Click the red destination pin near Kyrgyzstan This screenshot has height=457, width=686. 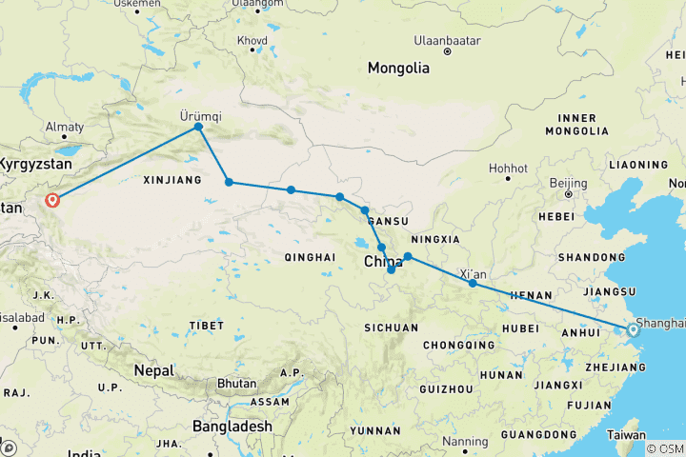pos(52,200)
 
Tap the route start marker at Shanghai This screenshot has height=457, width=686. pos(633,330)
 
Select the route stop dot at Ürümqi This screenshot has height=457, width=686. pos(198,127)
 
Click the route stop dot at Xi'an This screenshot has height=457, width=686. pos(473,283)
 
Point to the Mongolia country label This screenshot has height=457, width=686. pos(399,69)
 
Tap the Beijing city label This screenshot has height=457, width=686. pos(568,182)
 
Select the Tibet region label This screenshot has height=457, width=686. pos(206,326)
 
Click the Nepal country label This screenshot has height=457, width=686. pos(153,369)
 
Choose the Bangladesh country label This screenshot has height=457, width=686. pos(232,427)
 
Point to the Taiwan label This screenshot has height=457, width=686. pos(626,435)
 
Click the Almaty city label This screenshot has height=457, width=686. pos(65,127)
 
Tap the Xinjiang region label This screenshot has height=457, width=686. pos(171,179)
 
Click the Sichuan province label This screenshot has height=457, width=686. pos(391,328)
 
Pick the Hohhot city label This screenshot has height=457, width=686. pos(508,169)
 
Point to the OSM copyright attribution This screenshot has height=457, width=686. pos(664,448)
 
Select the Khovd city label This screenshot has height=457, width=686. pos(252,41)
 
